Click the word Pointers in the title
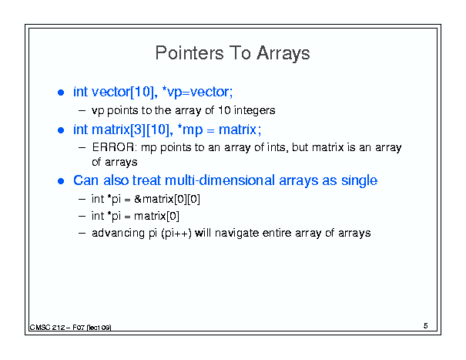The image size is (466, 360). (189, 53)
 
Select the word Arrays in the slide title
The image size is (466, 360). (283, 53)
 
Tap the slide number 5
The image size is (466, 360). (426, 326)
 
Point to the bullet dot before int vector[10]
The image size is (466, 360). (61, 93)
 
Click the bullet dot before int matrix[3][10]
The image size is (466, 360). (61, 130)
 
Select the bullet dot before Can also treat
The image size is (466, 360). (61, 181)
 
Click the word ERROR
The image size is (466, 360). (114, 147)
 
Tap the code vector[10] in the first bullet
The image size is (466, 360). (125, 92)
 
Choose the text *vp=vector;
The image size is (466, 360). (197, 92)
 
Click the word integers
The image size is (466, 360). (254, 111)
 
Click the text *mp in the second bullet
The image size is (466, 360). (190, 130)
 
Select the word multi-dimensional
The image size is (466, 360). (220, 180)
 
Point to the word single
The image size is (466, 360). (359, 180)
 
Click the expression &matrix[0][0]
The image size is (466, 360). (167, 199)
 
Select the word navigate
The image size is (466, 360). (237, 233)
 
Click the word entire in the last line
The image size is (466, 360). (277, 233)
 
